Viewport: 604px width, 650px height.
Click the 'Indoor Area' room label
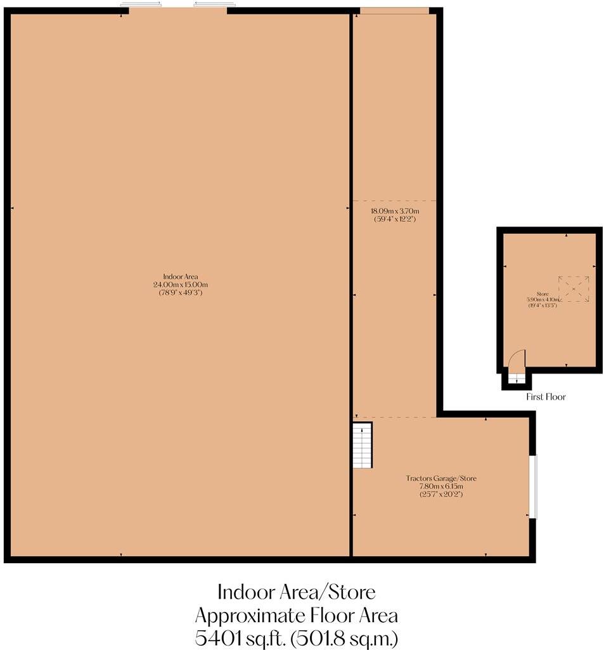coord(181,276)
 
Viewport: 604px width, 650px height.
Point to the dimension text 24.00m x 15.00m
coord(181,285)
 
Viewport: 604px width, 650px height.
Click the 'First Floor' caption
coord(546,397)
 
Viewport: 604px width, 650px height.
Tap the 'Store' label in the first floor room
coord(542,293)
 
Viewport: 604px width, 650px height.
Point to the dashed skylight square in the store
coord(574,289)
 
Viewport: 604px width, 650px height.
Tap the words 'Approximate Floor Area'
coord(297,614)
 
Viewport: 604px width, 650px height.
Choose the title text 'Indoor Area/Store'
coord(297,592)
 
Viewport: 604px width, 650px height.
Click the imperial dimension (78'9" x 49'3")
coord(181,293)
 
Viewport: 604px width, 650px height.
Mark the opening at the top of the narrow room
coord(394,10)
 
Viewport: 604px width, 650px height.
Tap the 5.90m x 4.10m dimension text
coord(542,299)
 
